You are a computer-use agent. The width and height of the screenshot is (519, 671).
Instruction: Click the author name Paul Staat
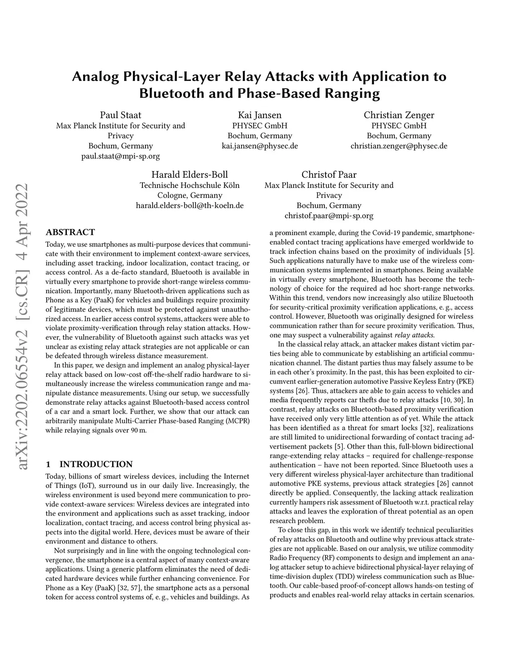point(120,115)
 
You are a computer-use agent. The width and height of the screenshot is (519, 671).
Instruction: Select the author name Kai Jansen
point(259,115)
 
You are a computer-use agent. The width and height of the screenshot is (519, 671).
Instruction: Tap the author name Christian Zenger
point(399,115)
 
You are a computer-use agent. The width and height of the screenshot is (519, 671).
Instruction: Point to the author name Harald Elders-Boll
point(190,175)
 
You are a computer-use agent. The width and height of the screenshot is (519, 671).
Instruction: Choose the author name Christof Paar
point(329,175)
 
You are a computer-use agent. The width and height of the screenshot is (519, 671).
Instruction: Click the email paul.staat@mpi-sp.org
point(120,156)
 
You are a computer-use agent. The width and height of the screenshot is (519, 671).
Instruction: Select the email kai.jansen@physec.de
point(259,146)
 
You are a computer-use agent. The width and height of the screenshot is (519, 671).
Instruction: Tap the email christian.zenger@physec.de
point(399,146)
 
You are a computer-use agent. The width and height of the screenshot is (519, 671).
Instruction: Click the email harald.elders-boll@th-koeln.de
point(190,206)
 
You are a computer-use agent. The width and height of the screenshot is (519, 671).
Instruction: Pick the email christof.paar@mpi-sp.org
point(329,216)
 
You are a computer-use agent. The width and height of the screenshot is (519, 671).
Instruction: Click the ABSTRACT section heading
point(70,232)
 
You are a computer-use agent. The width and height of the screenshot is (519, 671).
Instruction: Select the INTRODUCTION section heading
point(96,464)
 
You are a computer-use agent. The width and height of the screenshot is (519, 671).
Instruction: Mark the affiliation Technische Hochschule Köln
point(190,185)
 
